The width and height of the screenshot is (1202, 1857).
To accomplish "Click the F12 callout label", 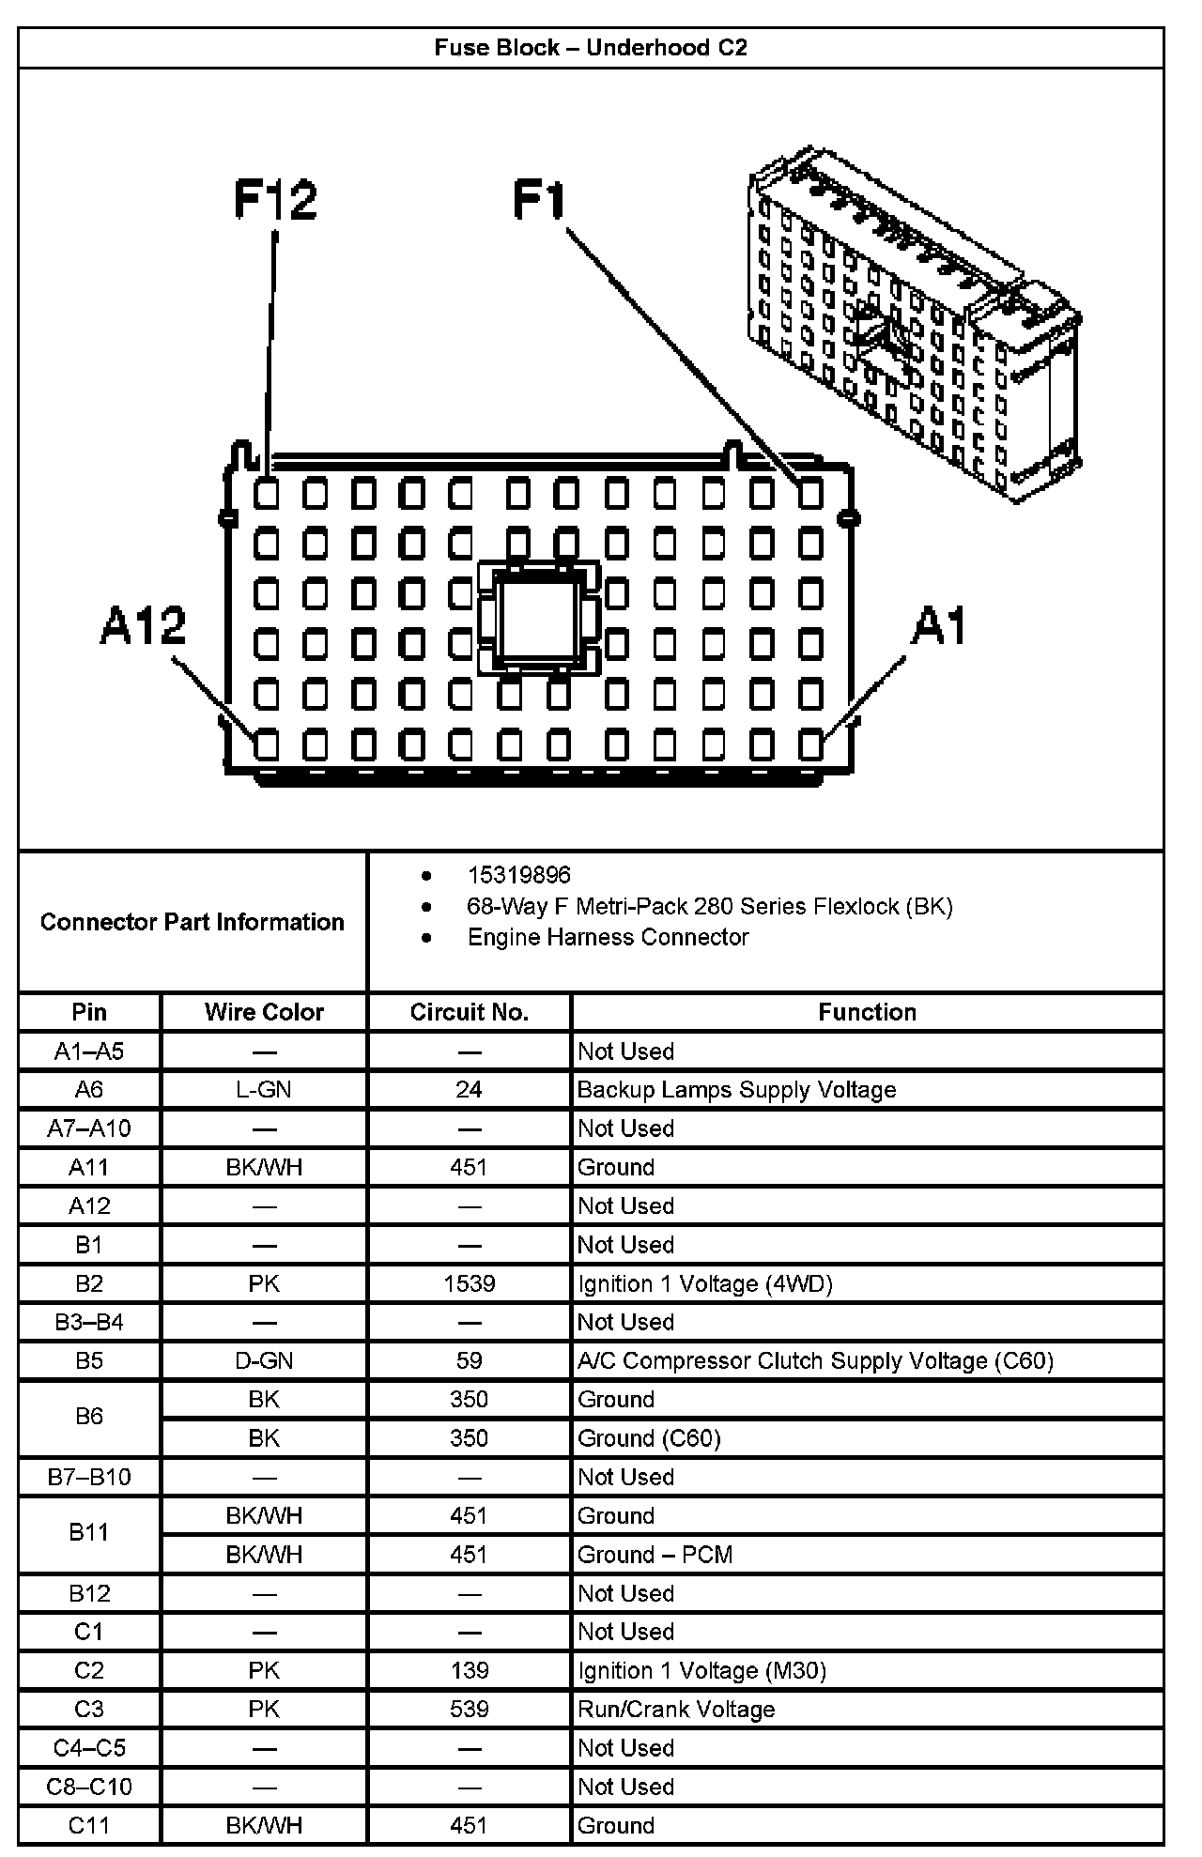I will tap(275, 200).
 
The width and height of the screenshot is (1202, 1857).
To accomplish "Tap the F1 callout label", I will tap(540, 200).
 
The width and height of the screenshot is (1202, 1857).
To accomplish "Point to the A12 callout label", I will tap(143, 625).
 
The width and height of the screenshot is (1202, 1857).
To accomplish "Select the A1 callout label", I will tap(938, 625).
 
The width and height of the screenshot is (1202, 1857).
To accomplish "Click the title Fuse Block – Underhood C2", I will tap(591, 48).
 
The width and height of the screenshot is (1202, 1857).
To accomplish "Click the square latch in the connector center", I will tap(538, 617).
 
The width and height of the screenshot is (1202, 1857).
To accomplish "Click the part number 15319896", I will tap(518, 875).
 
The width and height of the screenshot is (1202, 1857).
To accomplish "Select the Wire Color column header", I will tap(264, 1012).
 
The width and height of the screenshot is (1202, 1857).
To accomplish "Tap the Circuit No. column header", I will tap(469, 1012).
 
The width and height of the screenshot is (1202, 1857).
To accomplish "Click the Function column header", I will tap(867, 1012).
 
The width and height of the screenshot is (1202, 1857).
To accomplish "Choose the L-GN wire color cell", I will tap(264, 1089).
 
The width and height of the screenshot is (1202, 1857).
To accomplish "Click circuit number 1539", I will tap(469, 1283).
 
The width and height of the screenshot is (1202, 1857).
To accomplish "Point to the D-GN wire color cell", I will tap(264, 1360).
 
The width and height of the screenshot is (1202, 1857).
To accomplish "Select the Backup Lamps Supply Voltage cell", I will tap(736, 1089).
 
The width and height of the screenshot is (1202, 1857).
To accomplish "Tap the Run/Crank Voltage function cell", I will tap(676, 1709).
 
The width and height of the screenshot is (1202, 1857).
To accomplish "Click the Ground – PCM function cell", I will tap(655, 1554).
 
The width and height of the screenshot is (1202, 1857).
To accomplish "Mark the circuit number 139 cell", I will tap(469, 1670).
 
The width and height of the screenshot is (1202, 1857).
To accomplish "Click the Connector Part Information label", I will tap(193, 922).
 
